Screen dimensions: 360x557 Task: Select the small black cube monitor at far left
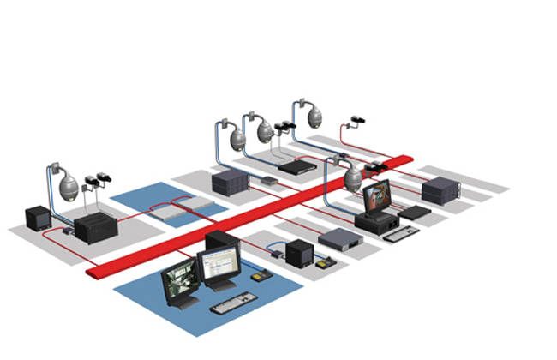[x=39, y=218]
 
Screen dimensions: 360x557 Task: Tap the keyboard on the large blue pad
[x=232, y=303]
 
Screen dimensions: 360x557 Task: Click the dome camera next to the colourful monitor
[x=354, y=177]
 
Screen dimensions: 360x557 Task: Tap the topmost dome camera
[x=314, y=114]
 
